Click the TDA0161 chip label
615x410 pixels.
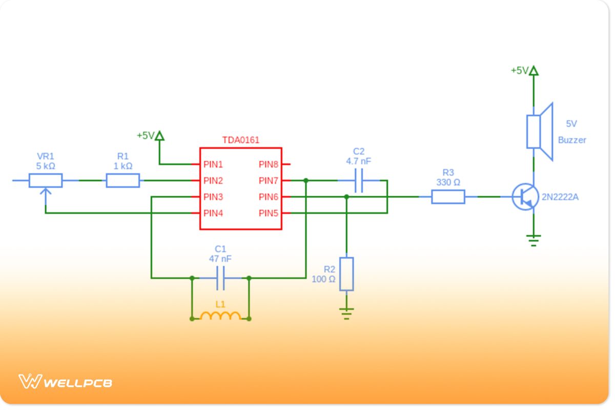pyautogui.click(x=240, y=140)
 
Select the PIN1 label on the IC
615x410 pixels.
pyautogui.click(x=213, y=165)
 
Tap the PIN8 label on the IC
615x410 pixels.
pyautogui.click(x=269, y=165)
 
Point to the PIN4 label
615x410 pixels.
pyautogui.click(x=213, y=213)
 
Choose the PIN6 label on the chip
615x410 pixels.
pyautogui.click(x=269, y=197)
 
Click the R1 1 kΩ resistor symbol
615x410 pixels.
pyautogui.click(x=122, y=180)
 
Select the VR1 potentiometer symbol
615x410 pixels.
pyautogui.click(x=46, y=180)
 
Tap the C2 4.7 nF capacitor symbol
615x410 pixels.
pyautogui.click(x=359, y=180)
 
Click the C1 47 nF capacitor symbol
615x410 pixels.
pyautogui.click(x=220, y=278)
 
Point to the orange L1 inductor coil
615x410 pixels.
pyautogui.click(x=220, y=316)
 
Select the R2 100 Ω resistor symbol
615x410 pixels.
pyautogui.click(x=346, y=274)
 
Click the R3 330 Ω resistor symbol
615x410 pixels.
pyautogui.click(x=448, y=197)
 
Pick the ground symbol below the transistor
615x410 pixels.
pyautogui.click(x=534, y=240)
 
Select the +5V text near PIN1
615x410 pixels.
pyautogui.click(x=145, y=136)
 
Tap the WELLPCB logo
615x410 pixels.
pyautogui.click(x=65, y=382)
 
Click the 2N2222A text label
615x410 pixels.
pyautogui.click(x=560, y=197)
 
